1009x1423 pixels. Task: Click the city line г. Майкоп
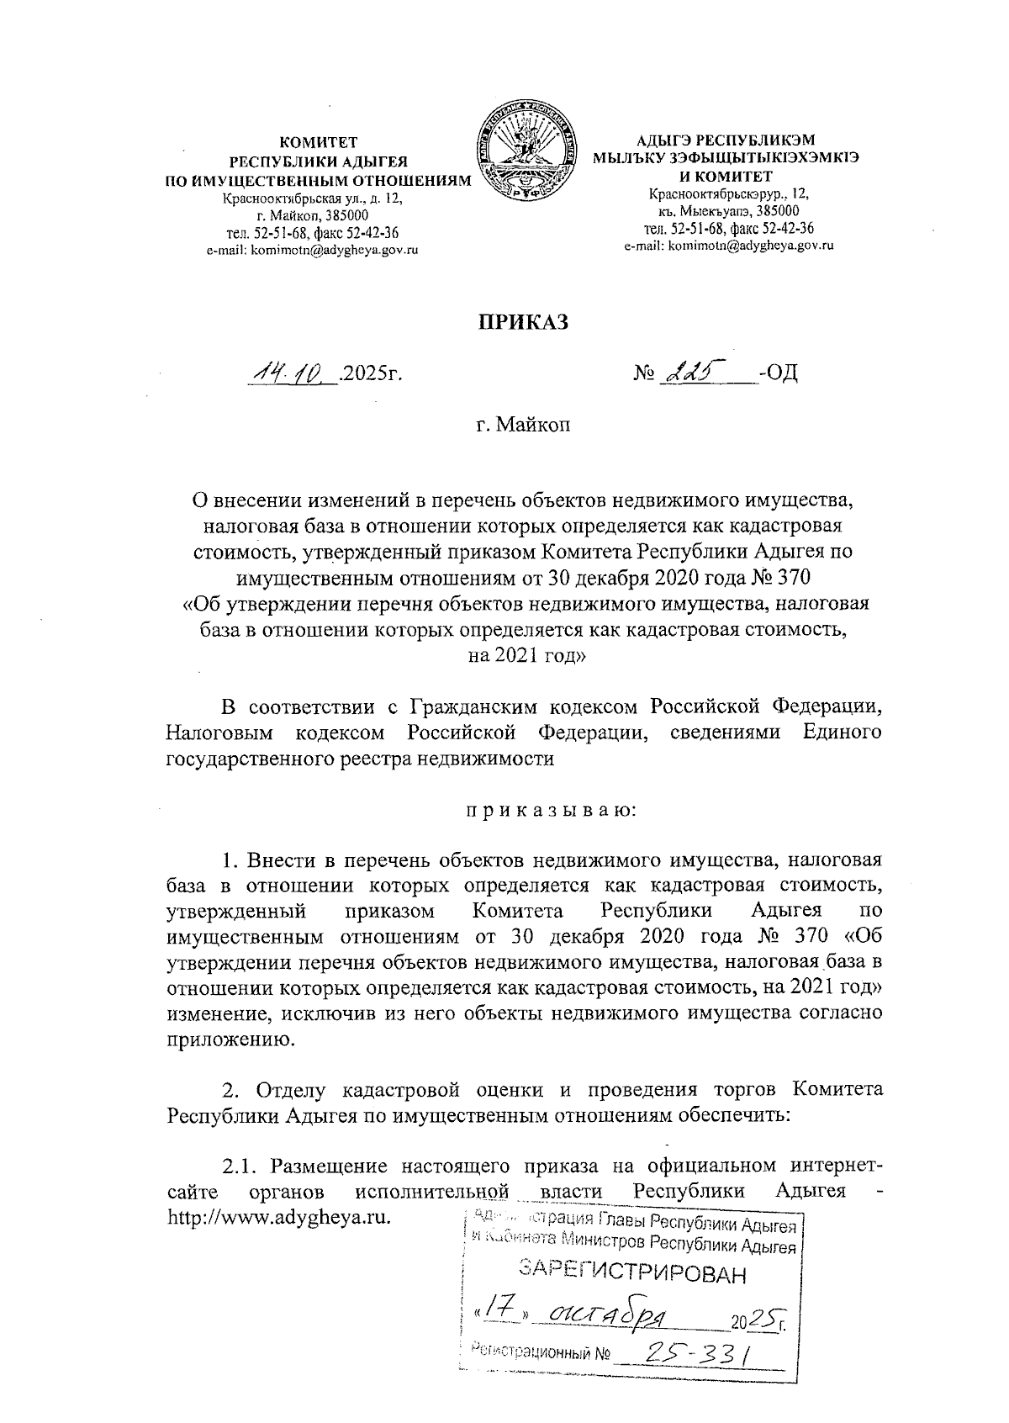(x=523, y=426)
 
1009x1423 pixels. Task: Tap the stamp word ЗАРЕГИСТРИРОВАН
(x=632, y=1272)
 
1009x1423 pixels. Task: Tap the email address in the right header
(x=728, y=246)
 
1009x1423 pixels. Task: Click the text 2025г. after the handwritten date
(x=371, y=372)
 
